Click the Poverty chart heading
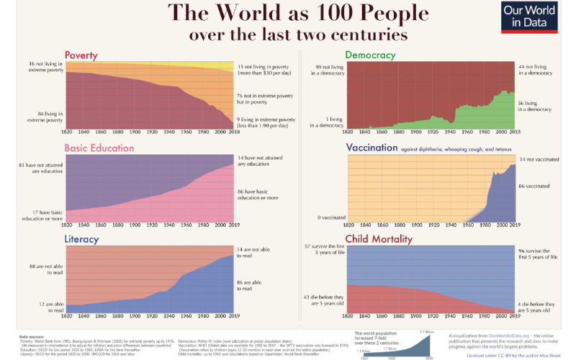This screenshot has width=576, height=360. [x=81, y=55]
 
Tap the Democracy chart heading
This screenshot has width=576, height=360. [x=370, y=55]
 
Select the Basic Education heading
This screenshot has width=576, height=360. [x=99, y=148]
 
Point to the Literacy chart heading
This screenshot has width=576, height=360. [x=81, y=238]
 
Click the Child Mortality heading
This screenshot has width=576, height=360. [x=379, y=239]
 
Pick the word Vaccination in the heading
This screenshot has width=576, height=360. [x=372, y=148]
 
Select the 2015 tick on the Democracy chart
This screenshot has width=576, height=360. [x=513, y=132]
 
